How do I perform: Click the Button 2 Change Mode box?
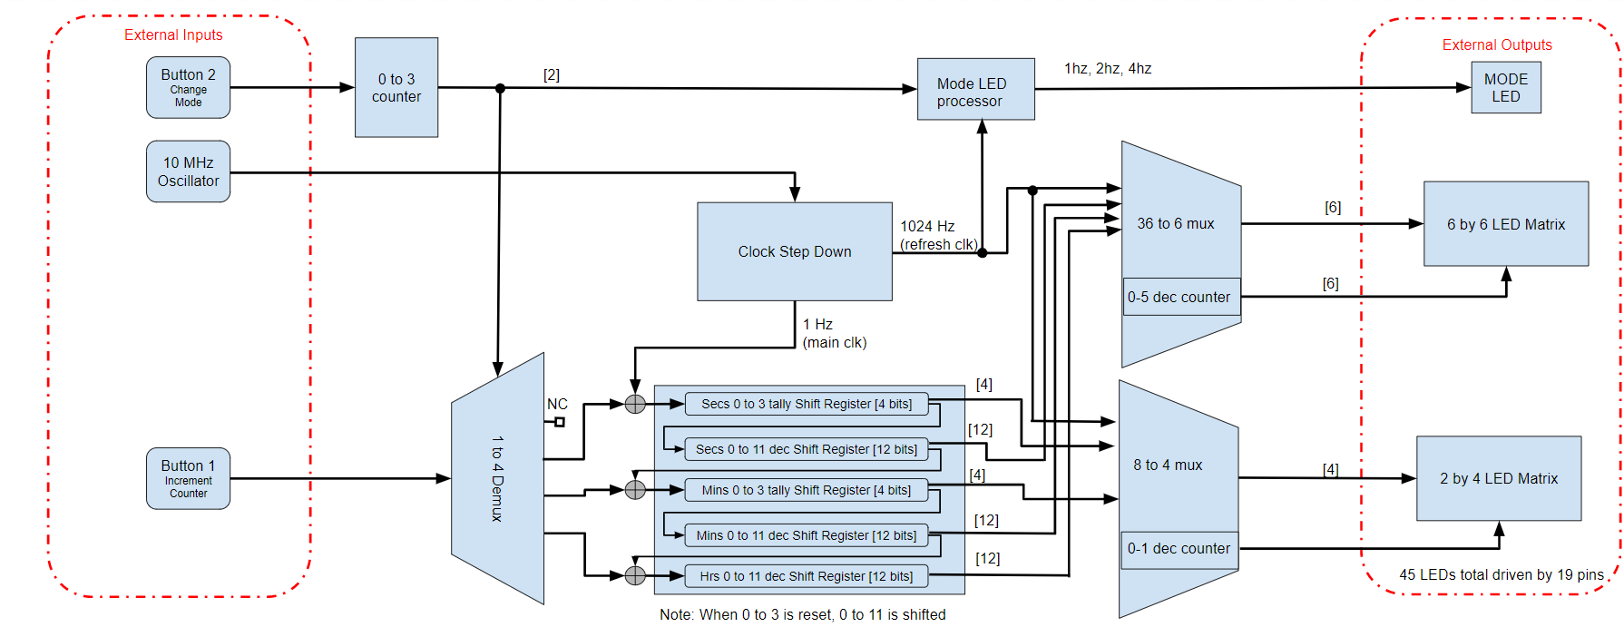point(188,87)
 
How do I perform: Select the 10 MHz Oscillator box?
point(188,171)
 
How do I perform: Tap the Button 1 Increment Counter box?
point(188,478)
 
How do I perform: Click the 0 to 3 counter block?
point(396,87)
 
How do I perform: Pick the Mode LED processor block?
point(975,89)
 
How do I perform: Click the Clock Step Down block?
point(794,251)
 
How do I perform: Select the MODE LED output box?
point(1505,87)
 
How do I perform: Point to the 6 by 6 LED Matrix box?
point(1505,224)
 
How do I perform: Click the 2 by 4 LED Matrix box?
point(1498,478)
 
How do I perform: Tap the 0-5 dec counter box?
point(1180,297)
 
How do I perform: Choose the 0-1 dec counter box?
point(1179,549)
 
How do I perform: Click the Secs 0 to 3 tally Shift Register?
point(806,404)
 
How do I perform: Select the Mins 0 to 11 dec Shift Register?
point(806,535)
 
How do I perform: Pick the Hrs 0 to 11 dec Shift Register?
point(806,576)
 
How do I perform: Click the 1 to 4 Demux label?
point(497,478)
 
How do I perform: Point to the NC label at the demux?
point(557,404)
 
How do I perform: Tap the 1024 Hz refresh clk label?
point(937,235)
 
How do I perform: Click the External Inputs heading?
point(173,34)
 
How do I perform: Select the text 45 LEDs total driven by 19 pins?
point(1501,574)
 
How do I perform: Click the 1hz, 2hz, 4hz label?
point(1108,68)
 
